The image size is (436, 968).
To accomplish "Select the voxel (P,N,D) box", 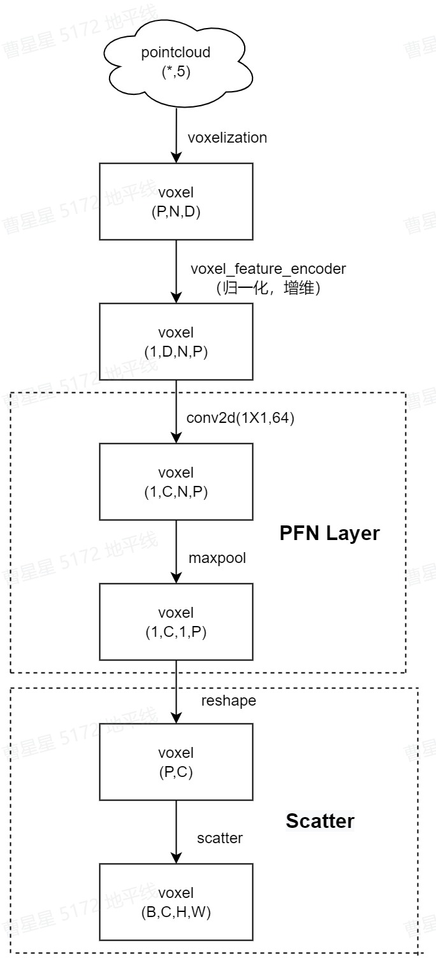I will (176, 201).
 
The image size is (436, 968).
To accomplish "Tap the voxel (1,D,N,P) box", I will (176, 341).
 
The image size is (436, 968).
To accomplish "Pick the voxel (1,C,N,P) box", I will (176, 481).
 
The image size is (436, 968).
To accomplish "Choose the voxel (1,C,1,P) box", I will (176, 622).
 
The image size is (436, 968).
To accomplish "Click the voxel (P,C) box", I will (176, 762).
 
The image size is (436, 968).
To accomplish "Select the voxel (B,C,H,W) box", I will (176, 902).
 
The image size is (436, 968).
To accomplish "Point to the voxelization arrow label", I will (228, 138).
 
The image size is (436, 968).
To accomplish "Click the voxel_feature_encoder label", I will (268, 269).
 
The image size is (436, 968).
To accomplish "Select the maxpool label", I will (217, 558).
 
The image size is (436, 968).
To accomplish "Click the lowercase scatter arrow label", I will (220, 838).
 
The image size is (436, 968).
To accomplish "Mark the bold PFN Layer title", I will (330, 533).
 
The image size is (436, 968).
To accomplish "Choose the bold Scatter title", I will (320, 821).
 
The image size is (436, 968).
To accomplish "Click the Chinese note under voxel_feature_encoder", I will (268, 288).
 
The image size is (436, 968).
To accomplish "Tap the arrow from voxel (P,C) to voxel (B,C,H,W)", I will (176, 832).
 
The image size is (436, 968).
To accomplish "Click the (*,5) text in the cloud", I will (175, 72).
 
